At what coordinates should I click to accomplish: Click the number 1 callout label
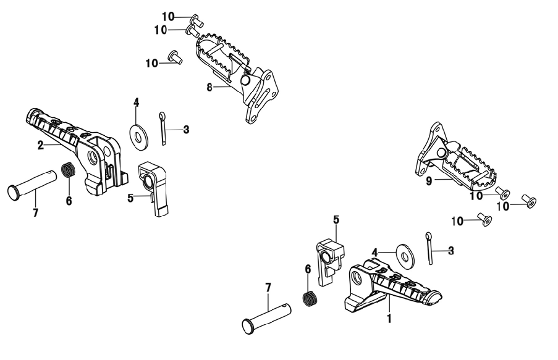coord(389,317)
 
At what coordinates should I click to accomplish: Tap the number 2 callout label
coord(41,144)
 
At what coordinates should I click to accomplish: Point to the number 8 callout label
coord(209,87)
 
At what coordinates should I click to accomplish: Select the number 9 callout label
coord(429,181)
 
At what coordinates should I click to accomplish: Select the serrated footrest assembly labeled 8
coord(237,78)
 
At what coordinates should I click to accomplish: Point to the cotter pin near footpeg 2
coord(163,128)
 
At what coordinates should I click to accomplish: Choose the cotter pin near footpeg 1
coord(429,248)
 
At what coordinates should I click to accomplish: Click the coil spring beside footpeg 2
coord(69,169)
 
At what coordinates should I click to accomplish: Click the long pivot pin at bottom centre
coord(266,317)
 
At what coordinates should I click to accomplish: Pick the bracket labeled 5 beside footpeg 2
coord(153,188)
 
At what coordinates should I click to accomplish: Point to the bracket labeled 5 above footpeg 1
coord(330,262)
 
